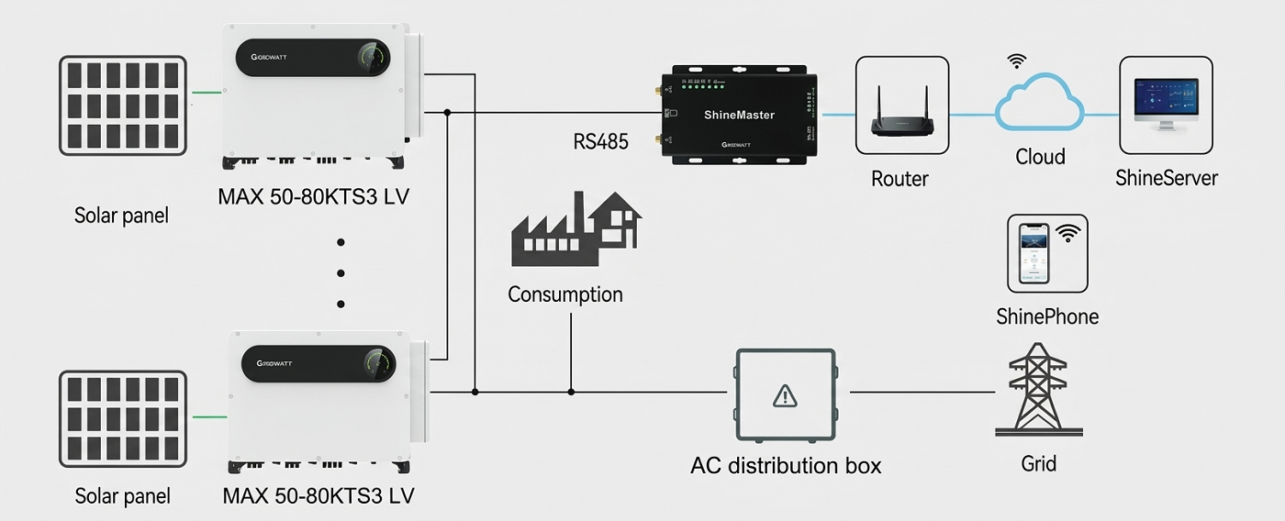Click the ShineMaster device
click(739, 115)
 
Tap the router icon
click(901, 106)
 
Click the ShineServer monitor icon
click(1166, 105)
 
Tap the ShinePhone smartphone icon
click(1033, 253)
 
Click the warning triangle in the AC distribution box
click(785, 395)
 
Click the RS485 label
click(601, 142)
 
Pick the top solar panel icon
click(123, 105)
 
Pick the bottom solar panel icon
click(123, 418)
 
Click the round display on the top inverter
click(371, 57)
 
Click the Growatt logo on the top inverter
click(270, 57)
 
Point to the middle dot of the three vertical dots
click(341, 273)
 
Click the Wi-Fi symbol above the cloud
click(1016, 61)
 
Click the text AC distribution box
click(785, 465)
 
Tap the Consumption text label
click(564, 294)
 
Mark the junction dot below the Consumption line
click(571, 392)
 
